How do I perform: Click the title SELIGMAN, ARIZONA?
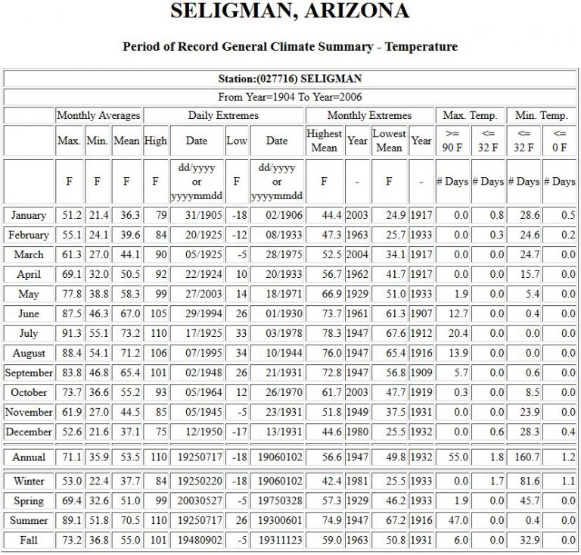(x=290, y=12)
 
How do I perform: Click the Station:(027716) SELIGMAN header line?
(x=290, y=79)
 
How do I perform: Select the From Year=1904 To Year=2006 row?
(x=290, y=97)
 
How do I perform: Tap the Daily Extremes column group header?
(x=223, y=116)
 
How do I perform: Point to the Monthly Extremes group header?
(x=369, y=116)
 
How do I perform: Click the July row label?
(x=29, y=333)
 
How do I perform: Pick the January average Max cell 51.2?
(x=69, y=215)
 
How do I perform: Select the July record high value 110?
(x=156, y=333)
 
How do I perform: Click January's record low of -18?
(x=236, y=215)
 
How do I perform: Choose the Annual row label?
(x=29, y=457)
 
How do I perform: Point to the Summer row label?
(x=29, y=520)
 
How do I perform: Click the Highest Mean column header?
(x=324, y=141)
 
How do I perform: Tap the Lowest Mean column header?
(x=389, y=141)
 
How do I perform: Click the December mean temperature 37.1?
(x=126, y=432)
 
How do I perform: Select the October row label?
(x=29, y=392)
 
